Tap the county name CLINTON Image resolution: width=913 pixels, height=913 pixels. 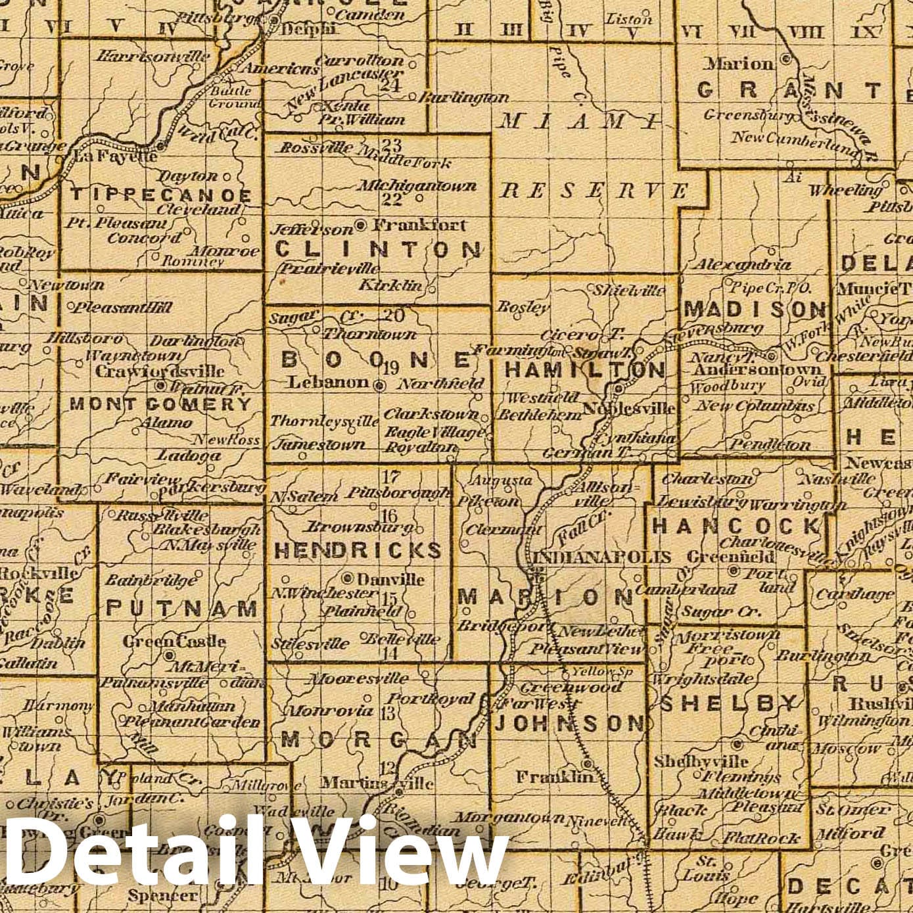(377, 250)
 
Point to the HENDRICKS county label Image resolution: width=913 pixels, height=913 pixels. (358, 550)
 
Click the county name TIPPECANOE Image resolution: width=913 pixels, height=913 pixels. (160, 195)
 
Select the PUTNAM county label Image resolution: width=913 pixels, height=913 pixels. (181, 609)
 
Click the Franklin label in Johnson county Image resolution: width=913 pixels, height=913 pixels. (555, 776)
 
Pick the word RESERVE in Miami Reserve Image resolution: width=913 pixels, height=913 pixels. (594, 191)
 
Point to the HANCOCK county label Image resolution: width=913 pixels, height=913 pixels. (736, 526)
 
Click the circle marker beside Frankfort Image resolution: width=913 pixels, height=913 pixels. (360, 225)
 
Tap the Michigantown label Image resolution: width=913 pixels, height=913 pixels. (416, 186)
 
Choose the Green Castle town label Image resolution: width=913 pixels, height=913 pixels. (174, 641)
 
